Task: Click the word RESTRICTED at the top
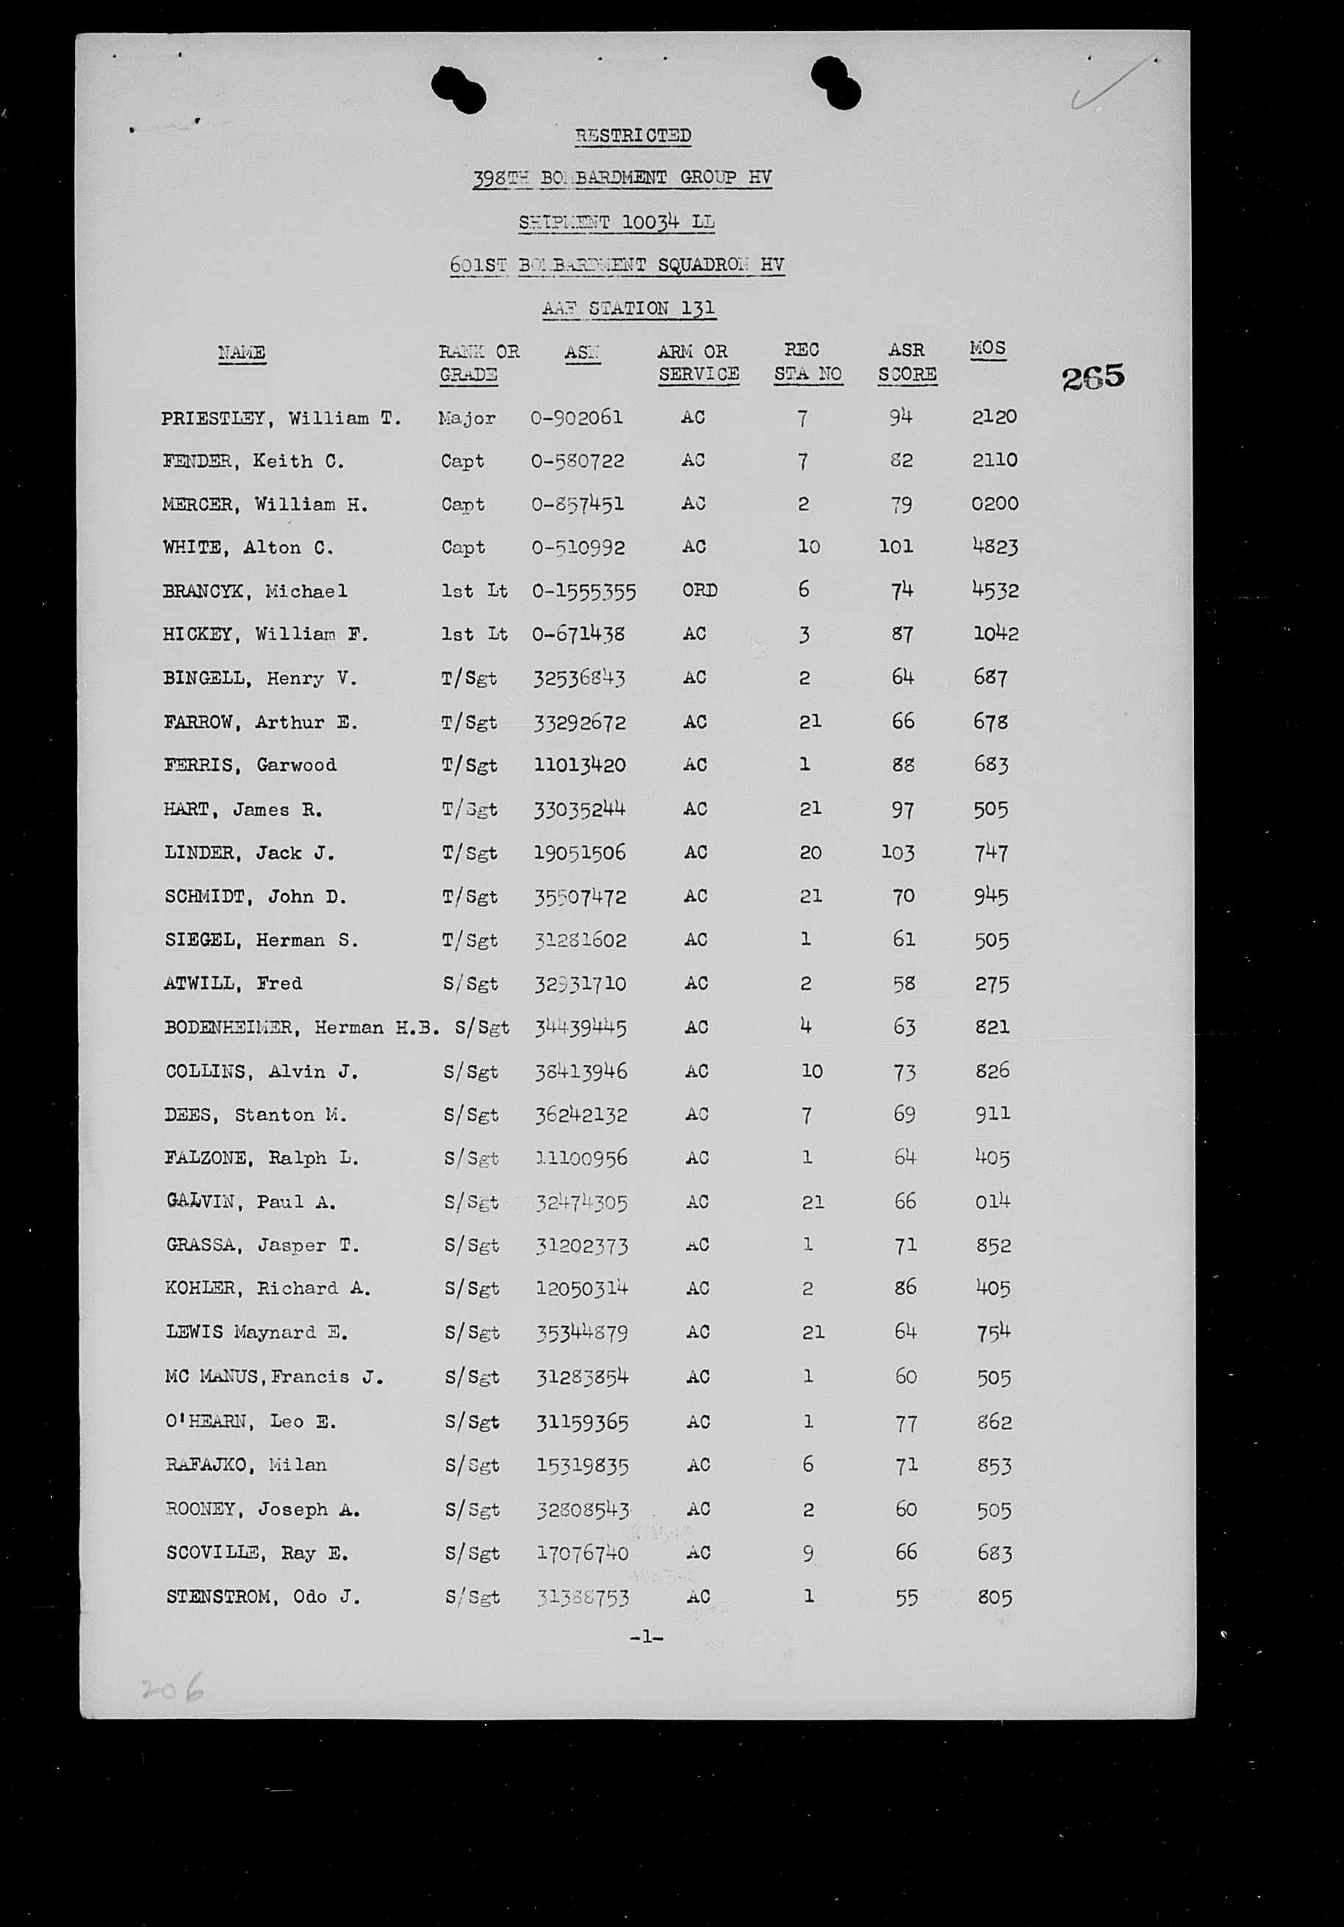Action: (633, 135)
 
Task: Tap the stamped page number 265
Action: (1092, 379)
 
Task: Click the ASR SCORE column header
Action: (907, 362)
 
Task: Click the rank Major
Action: (467, 417)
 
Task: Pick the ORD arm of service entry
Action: (699, 590)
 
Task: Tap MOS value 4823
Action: (995, 546)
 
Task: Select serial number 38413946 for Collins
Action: (581, 1071)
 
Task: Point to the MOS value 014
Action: (993, 1202)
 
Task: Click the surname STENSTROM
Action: (221, 1596)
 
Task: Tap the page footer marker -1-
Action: (646, 1637)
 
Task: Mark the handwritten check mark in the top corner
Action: (1107, 84)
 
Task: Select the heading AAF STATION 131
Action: (628, 308)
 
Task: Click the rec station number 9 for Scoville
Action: (807, 1554)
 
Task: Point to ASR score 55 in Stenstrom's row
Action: (906, 1596)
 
